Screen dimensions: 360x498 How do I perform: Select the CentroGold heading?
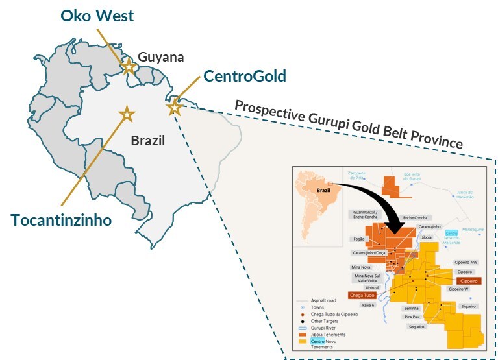244,76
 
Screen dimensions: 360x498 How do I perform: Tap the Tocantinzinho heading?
61,219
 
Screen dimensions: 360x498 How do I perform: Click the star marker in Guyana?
129,66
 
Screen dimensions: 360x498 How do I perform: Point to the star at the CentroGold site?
174,107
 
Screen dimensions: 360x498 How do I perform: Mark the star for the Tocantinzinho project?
126,114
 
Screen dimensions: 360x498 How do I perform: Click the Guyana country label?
162,57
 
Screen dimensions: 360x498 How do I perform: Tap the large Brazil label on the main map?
147,140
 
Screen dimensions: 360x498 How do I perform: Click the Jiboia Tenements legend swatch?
301,334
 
